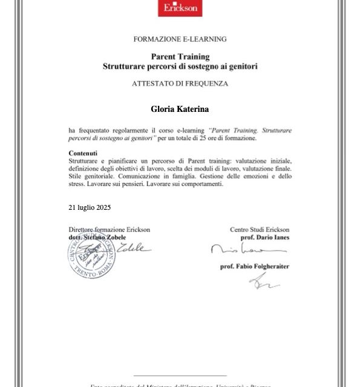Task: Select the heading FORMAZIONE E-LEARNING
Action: coord(180,39)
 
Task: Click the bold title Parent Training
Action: coord(180,57)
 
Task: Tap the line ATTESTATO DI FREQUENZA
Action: coord(180,84)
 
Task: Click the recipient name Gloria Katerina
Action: coord(180,109)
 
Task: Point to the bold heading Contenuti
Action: coord(83,153)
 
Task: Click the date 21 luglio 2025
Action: coord(90,207)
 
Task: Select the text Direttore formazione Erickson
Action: coord(109,230)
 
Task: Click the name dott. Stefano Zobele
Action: coord(101,237)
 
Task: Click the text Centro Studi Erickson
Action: coord(260,230)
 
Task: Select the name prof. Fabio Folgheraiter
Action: coord(254,266)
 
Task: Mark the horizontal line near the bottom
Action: coord(180,376)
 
